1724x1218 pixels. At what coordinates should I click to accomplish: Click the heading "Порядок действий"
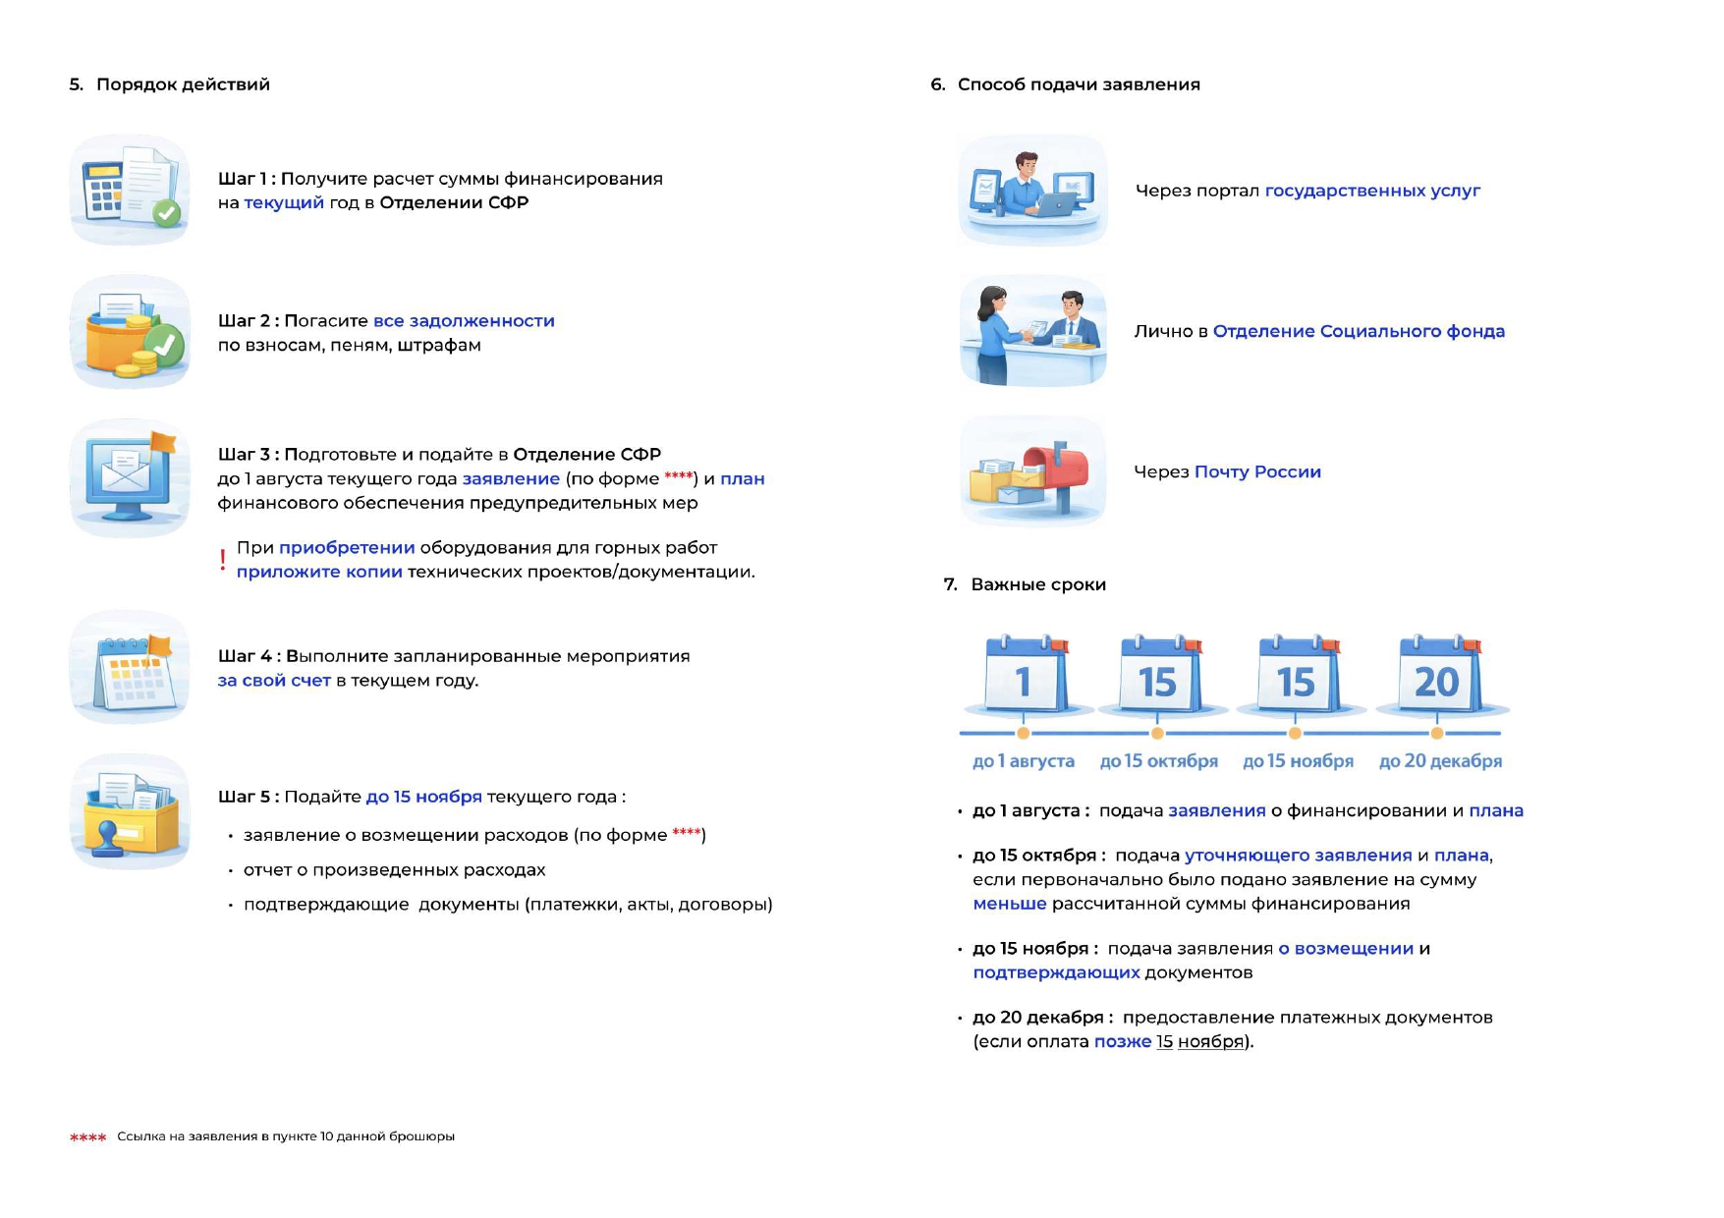click(183, 84)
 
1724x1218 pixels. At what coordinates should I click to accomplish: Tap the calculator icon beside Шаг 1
click(130, 190)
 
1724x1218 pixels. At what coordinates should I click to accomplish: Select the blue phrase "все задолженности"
click(464, 321)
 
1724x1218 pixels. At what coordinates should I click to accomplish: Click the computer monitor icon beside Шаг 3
click(130, 478)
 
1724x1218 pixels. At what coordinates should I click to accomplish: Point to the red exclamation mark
click(223, 560)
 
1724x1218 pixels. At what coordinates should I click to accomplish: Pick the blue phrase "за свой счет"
click(274, 681)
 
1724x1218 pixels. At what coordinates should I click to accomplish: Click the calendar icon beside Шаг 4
click(130, 668)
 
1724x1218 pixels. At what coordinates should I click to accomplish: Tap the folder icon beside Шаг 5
click(130, 812)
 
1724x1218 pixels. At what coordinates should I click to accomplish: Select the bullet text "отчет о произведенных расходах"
click(394, 870)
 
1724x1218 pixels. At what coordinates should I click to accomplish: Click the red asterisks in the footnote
click(87, 1137)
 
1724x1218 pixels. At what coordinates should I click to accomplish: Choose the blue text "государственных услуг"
click(1372, 191)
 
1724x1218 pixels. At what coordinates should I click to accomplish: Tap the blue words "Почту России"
click(1257, 472)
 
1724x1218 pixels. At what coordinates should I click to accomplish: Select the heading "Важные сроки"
click(1038, 584)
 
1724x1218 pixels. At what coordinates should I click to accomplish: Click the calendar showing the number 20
click(1439, 676)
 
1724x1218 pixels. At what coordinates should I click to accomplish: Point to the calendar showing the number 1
click(1026, 676)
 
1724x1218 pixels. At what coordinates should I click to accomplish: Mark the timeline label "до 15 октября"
click(1159, 761)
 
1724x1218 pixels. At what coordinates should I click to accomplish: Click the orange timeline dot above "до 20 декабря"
click(1437, 733)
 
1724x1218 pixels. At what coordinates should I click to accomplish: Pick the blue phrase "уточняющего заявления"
click(1299, 856)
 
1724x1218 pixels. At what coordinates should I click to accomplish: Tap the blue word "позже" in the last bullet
click(1123, 1042)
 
